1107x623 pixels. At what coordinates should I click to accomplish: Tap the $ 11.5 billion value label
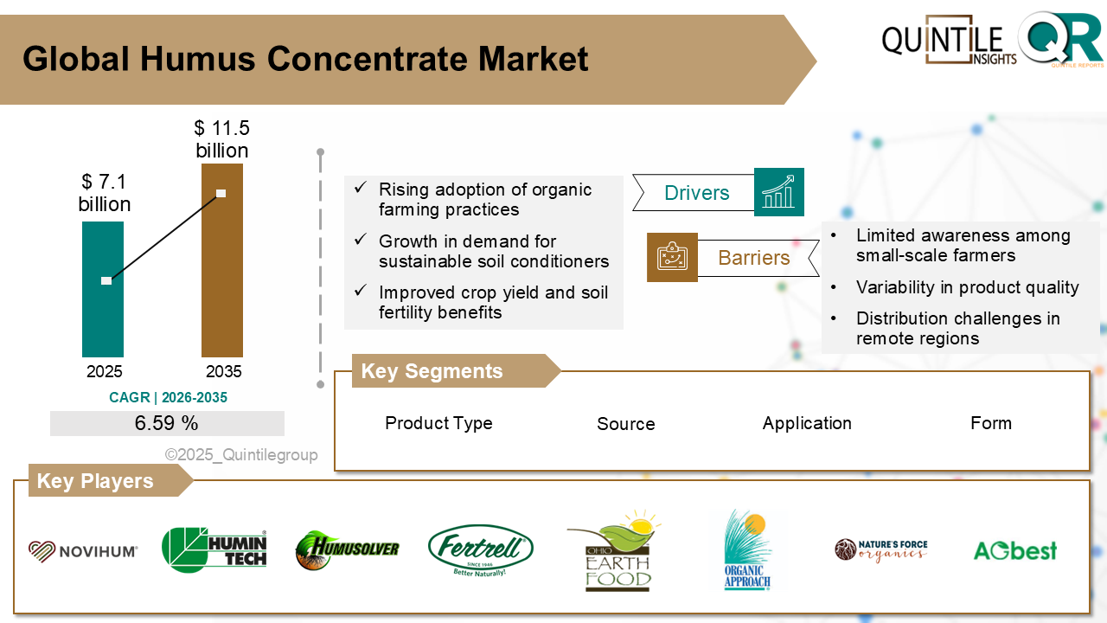coord(222,140)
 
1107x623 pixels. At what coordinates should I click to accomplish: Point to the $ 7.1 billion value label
coord(105,193)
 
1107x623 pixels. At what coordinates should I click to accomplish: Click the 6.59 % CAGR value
coord(167,423)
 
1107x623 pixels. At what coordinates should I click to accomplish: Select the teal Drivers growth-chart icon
coord(778,192)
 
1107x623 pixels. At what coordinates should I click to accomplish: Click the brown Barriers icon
coord(672,257)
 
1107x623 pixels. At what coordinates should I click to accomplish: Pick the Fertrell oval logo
coord(481,549)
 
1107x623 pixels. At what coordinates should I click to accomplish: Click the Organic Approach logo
coord(745,551)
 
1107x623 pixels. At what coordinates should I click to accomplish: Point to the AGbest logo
coord(1014,550)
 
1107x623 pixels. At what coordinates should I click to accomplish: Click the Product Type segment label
coord(438,423)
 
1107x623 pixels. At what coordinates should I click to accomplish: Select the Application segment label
coord(807,423)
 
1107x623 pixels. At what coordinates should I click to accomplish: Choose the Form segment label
coord(990,423)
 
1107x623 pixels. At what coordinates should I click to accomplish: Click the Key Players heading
coord(95,481)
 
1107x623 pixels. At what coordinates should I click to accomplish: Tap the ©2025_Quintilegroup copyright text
coord(241,454)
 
